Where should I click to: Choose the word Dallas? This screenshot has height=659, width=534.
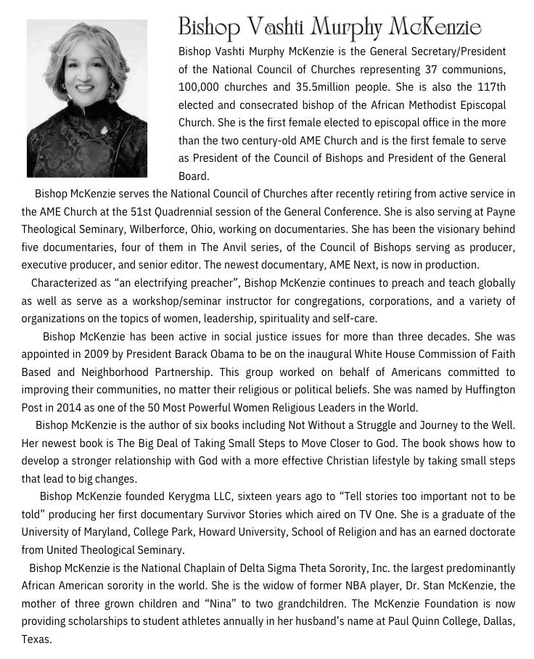(x=497, y=621)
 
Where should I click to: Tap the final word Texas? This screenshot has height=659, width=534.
(x=36, y=639)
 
